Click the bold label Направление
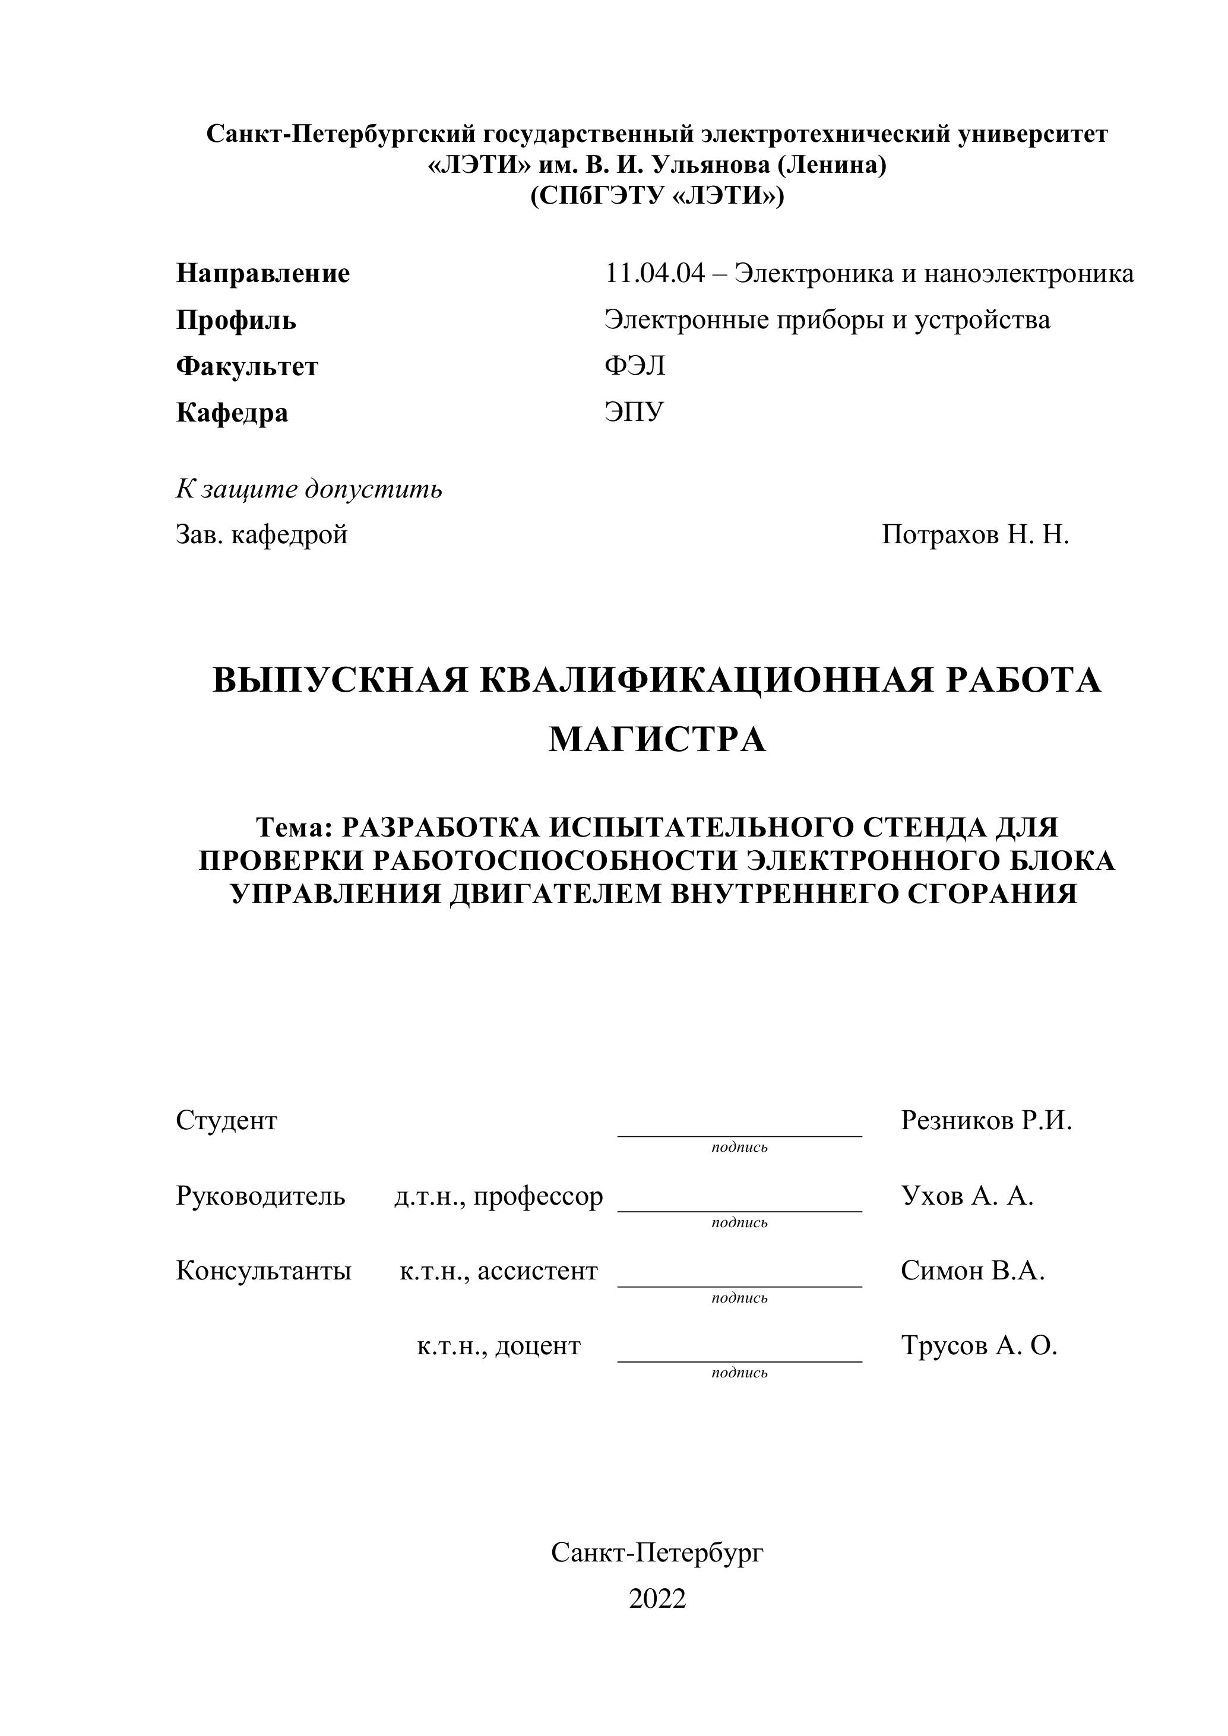(x=262, y=274)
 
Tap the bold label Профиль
(x=236, y=321)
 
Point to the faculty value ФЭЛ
(x=634, y=367)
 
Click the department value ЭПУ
(x=634, y=413)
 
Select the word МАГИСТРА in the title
(x=657, y=740)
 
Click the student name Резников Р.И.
(x=986, y=1120)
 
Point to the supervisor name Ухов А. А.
(x=967, y=1196)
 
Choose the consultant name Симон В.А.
(x=973, y=1271)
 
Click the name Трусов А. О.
(x=979, y=1346)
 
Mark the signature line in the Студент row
(x=739, y=1135)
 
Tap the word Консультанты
(x=264, y=1271)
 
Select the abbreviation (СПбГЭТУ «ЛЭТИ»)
(x=657, y=197)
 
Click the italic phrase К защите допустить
(x=309, y=489)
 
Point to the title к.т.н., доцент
(x=498, y=1346)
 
